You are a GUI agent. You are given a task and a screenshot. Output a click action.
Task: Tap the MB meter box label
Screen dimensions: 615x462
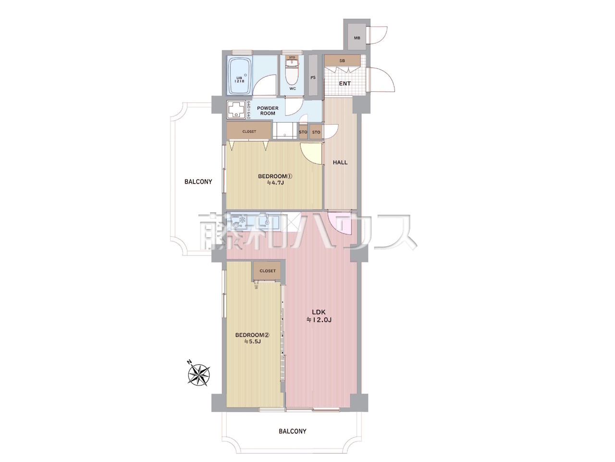[357, 38]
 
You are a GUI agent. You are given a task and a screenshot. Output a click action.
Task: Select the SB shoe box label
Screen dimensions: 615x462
[342, 61]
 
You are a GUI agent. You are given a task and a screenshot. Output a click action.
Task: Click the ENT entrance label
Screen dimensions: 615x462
[344, 84]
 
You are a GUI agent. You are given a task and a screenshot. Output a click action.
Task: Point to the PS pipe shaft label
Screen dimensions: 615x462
[313, 77]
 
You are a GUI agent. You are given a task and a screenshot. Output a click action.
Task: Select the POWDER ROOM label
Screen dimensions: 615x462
[268, 111]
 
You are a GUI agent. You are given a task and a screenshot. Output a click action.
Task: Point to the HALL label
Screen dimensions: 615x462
[340, 162]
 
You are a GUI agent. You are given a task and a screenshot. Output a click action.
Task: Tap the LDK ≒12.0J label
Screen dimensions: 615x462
[319, 316]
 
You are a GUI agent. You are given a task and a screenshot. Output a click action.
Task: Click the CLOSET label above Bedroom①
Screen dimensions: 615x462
[249, 131]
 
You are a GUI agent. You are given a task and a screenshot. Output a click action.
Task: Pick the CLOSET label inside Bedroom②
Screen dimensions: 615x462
[268, 270]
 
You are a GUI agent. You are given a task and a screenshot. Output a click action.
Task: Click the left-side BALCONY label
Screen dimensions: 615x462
[198, 181]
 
